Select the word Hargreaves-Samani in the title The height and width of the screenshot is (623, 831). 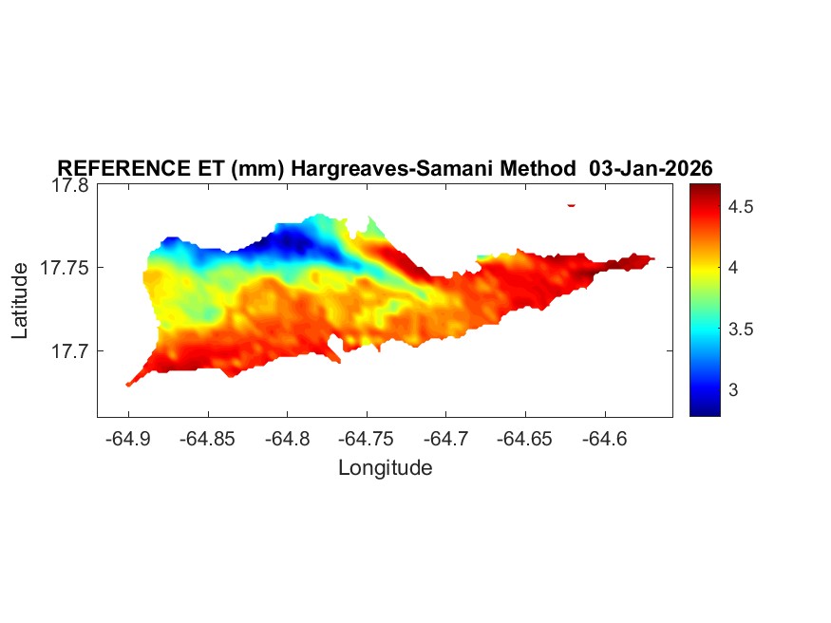pos(371,168)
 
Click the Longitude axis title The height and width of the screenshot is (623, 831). pos(385,467)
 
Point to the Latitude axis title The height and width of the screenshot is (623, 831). pos(20,301)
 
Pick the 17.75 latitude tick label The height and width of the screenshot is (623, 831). pos(65,268)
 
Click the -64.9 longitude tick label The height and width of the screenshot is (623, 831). pos(129,438)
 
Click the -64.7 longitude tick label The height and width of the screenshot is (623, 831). pos(446,438)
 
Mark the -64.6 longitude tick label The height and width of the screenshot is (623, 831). pos(605,438)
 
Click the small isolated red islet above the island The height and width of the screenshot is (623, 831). pos(572,204)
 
